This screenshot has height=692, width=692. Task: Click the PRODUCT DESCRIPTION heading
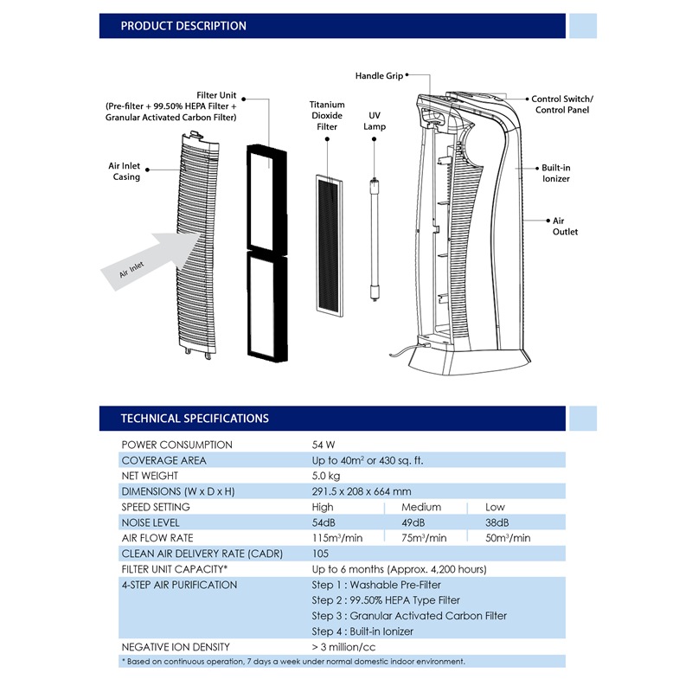point(183,26)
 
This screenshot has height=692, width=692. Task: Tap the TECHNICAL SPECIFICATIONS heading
point(195,418)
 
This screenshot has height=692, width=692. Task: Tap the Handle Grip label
point(379,76)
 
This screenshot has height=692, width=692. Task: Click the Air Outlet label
point(565,226)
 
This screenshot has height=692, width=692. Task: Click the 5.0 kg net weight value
point(326,476)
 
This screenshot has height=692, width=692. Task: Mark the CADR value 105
point(321,554)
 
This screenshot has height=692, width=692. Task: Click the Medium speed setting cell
point(421,507)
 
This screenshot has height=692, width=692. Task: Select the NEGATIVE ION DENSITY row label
point(176,647)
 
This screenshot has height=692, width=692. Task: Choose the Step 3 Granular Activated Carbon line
point(409,616)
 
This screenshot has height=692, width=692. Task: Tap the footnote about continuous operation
point(293,661)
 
